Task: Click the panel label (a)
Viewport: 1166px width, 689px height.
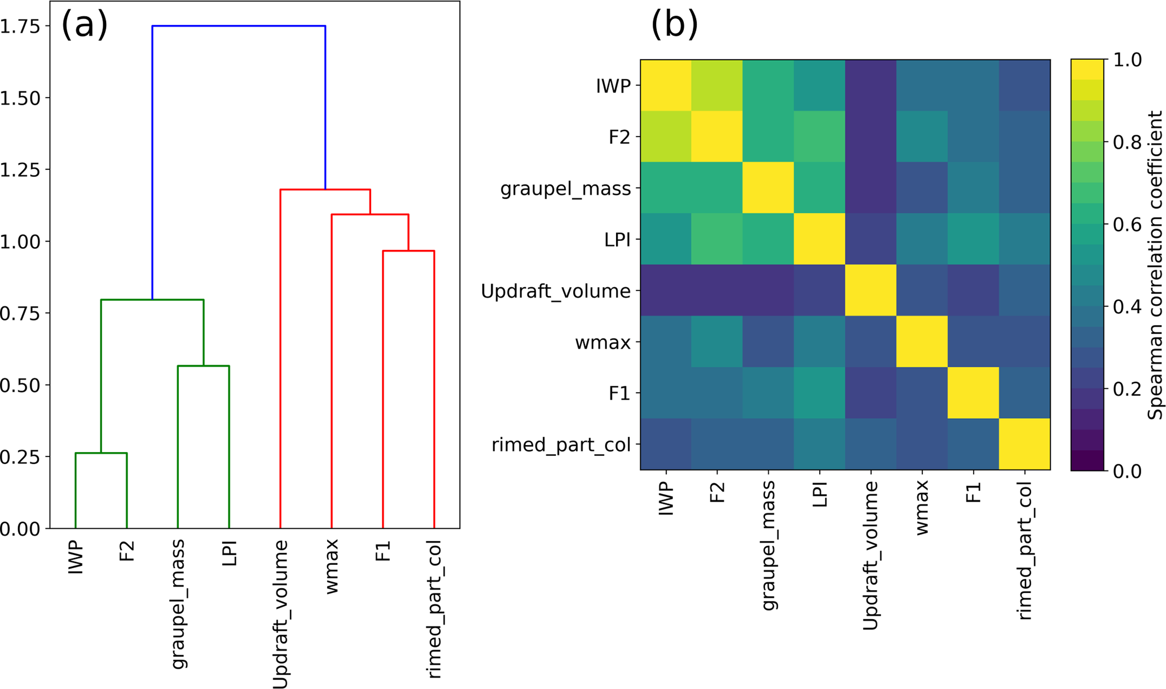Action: coord(84,26)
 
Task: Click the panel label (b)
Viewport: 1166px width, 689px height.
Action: coord(674,26)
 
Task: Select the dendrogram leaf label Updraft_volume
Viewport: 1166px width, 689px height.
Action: coord(280,615)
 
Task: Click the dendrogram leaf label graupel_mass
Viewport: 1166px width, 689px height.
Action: coord(178,604)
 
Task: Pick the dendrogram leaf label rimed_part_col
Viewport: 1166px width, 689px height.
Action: coord(434,609)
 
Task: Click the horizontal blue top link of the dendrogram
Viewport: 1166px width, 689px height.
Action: coord(239,26)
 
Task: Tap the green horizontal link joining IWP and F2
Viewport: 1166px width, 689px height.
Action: coord(101,453)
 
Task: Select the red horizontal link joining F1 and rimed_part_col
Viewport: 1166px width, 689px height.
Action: coord(408,251)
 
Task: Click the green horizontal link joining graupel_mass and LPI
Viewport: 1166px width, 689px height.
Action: coord(203,366)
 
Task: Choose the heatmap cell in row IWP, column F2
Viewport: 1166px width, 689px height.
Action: coord(717,86)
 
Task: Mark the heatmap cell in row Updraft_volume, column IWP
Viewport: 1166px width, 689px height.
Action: coord(666,291)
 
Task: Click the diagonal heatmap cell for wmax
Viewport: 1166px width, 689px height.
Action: coord(922,342)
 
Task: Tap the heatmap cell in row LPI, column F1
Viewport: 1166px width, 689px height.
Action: coord(973,239)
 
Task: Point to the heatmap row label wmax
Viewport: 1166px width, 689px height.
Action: coord(602,343)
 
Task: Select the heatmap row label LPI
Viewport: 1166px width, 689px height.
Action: coord(617,240)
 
